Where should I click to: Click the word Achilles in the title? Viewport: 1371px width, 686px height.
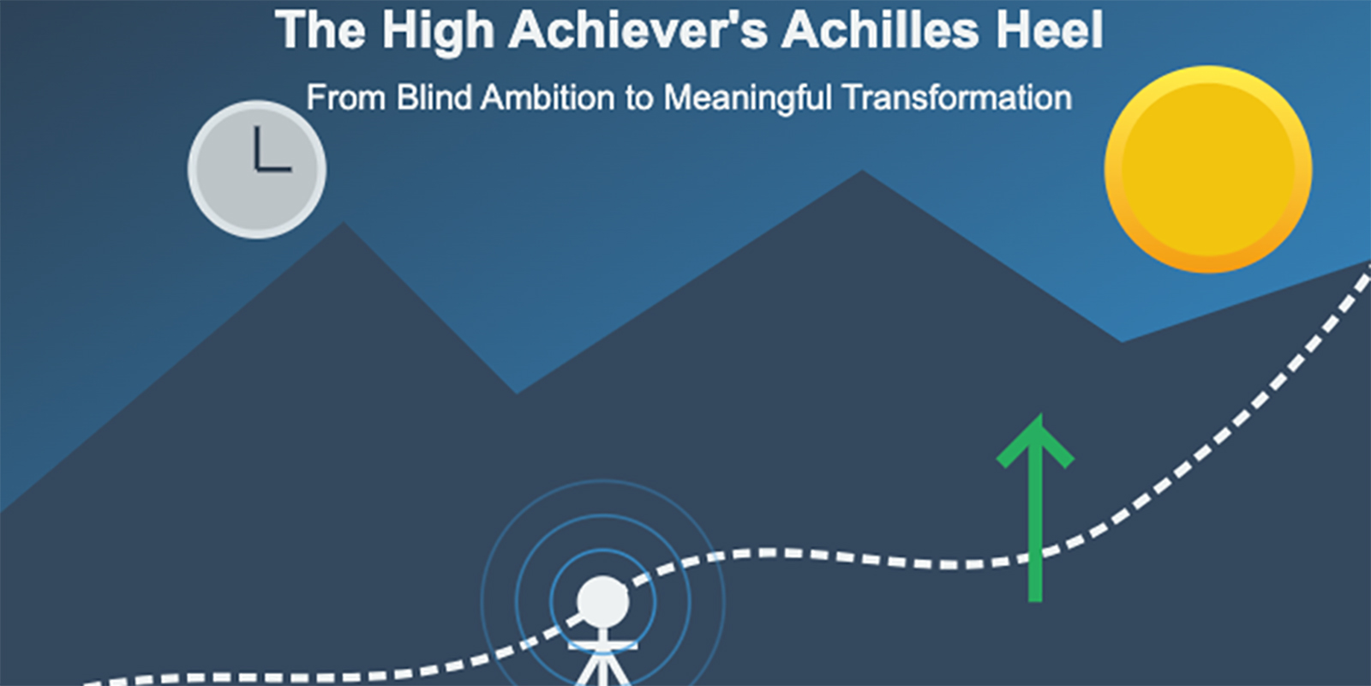(x=879, y=31)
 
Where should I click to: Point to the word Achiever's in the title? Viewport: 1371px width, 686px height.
(x=638, y=31)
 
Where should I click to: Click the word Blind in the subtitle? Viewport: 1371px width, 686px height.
(x=434, y=98)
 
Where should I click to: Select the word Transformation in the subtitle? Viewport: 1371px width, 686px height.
(x=956, y=98)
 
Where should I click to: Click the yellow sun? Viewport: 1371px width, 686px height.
(x=1208, y=169)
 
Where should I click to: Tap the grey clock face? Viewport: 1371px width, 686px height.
(x=257, y=169)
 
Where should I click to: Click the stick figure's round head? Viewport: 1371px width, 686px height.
(x=602, y=601)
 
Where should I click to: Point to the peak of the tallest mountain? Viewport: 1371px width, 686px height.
(x=863, y=174)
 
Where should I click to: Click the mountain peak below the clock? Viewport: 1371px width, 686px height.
(x=344, y=226)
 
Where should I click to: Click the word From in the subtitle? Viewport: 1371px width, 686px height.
(x=345, y=98)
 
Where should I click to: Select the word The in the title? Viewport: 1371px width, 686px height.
(x=320, y=31)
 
